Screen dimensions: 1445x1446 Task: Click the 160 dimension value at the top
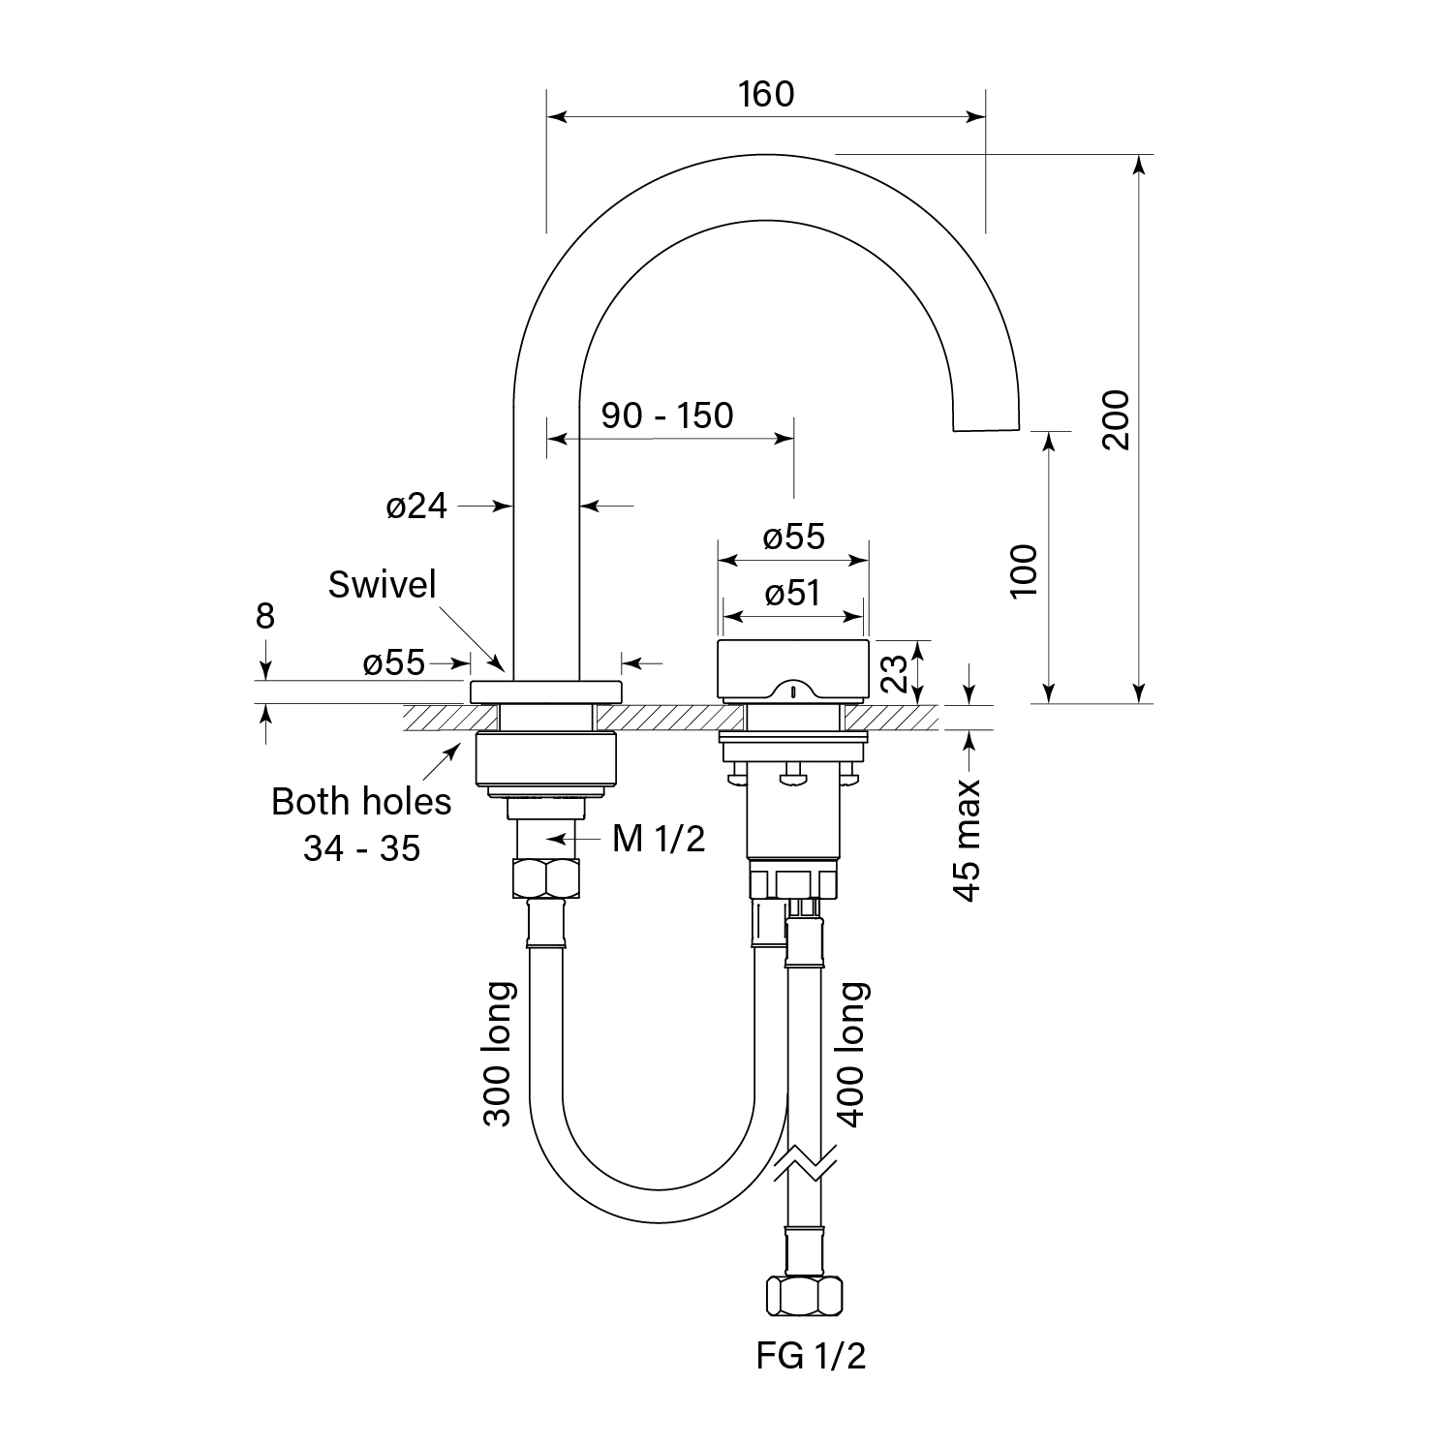click(765, 94)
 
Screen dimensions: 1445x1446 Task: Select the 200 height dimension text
click(1116, 418)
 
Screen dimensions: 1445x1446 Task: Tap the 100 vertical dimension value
click(1024, 570)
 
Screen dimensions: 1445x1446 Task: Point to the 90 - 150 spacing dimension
click(667, 415)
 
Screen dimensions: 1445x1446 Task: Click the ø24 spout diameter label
click(416, 506)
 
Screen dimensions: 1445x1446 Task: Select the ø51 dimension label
click(792, 593)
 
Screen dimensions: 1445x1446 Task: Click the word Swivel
click(383, 584)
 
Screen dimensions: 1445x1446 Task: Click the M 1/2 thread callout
click(659, 839)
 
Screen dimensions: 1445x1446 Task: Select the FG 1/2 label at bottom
click(811, 1357)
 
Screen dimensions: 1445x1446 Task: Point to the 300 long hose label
click(498, 1054)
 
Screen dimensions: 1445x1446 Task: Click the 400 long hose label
click(852, 1054)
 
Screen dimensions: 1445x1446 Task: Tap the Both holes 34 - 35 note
click(361, 824)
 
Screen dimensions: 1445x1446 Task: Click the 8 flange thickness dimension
click(265, 616)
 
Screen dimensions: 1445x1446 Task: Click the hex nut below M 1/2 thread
click(545, 878)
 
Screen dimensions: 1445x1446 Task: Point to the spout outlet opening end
click(987, 427)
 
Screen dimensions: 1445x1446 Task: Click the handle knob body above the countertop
click(792, 668)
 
